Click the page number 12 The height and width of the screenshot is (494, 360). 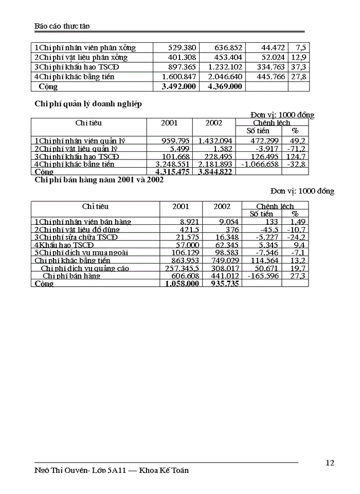point(330,463)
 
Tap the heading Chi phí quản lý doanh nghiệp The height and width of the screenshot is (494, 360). point(88,104)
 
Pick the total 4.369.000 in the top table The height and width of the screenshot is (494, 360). point(224,86)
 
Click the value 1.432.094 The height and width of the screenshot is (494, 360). point(215,140)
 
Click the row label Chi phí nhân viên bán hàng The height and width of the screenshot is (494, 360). point(83,222)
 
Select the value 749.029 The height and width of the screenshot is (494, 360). point(222,261)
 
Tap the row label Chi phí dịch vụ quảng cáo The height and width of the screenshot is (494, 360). point(85,269)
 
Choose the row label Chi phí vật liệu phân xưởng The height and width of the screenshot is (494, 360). point(81,57)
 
